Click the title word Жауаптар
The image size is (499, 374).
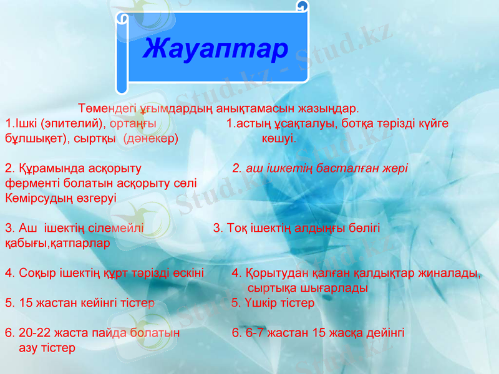click(215, 49)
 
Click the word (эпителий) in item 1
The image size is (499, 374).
click(69, 123)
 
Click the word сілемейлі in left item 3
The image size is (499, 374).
click(118, 228)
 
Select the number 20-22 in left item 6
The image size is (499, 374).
click(32, 333)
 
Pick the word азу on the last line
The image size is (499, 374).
click(28, 347)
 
